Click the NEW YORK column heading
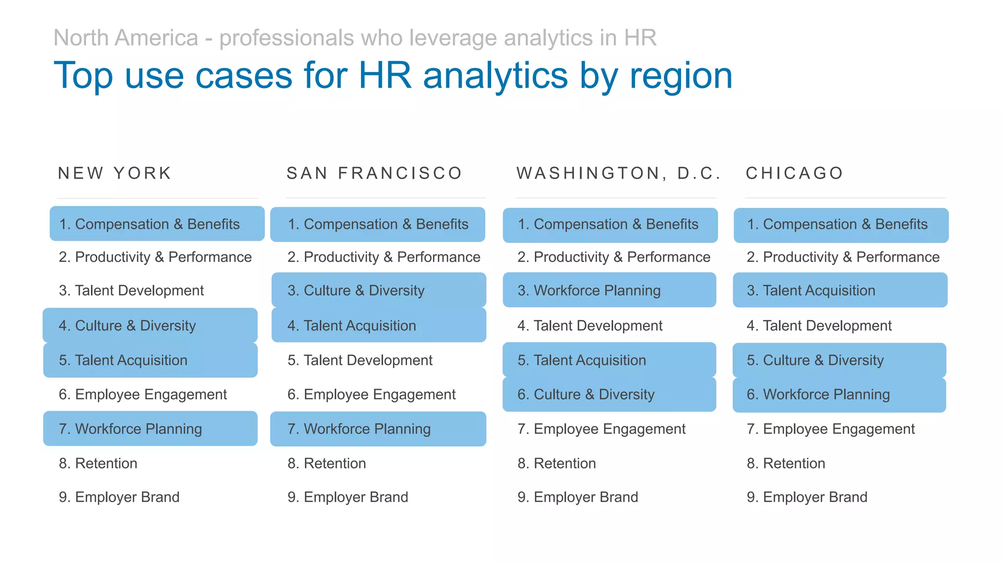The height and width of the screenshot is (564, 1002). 115,173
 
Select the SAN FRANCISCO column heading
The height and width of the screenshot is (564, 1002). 374,173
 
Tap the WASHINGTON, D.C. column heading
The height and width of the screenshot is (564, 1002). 618,173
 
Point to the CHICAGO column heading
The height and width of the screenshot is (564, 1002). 795,173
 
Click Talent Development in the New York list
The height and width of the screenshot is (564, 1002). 131,290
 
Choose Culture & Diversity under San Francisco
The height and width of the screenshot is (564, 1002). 356,290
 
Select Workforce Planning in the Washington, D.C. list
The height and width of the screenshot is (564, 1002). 589,290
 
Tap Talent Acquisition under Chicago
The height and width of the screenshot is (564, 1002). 811,290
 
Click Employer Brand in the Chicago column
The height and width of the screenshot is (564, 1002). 807,497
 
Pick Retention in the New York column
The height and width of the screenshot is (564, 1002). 98,463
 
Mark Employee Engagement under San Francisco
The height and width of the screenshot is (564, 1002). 371,394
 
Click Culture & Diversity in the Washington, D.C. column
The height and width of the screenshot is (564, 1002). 586,394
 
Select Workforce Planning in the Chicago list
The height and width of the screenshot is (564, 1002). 818,394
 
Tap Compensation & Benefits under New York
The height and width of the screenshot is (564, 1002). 149,224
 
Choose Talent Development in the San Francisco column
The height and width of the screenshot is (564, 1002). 360,360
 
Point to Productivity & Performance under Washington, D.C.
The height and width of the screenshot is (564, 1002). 614,257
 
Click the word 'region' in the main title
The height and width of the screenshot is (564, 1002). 681,76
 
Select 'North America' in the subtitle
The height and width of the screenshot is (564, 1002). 126,38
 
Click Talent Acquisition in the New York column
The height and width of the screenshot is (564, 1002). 123,360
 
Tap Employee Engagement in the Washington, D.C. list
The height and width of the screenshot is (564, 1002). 601,429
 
